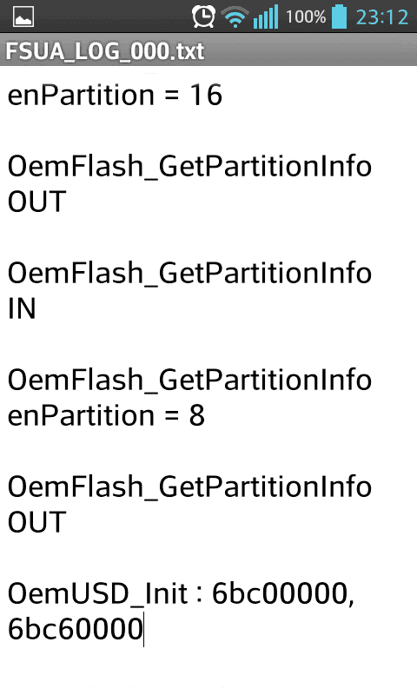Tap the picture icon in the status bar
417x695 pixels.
click(23, 17)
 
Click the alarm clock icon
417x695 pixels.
click(203, 17)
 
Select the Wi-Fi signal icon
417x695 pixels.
click(235, 17)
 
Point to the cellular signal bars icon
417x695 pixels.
click(266, 17)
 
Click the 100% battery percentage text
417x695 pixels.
click(305, 17)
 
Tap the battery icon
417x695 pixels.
click(339, 17)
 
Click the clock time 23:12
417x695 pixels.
click(382, 17)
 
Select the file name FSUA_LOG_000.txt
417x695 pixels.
click(104, 51)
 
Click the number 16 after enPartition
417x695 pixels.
click(206, 95)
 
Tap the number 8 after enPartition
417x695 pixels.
click(196, 415)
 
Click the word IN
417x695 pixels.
click(22, 308)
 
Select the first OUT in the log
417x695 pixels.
click(37, 202)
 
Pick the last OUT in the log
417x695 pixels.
click(37, 522)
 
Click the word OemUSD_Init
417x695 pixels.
click(97, 593)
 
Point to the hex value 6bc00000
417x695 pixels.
click(280, 593)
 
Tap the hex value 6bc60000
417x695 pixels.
click(76, 629)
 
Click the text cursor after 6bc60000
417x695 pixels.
click(143, 629)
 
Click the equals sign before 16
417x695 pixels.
click(172, 96)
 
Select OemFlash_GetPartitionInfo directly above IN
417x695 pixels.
click(189, 273)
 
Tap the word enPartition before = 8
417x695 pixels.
click(81, 416)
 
